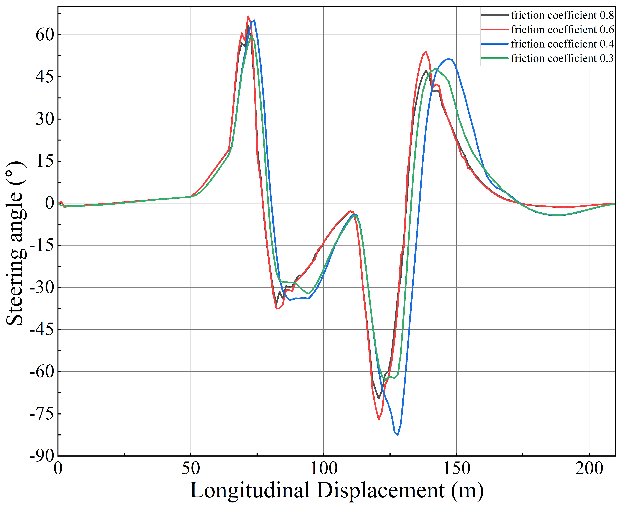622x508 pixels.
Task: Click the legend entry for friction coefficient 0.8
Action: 562,15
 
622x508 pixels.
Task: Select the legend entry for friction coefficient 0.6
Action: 562,30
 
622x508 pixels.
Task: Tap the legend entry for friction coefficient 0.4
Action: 562,44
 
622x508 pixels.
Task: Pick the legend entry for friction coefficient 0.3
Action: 562,58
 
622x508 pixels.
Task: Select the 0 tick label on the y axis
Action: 50,203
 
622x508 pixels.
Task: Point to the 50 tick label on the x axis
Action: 191,469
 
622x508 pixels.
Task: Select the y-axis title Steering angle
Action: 15,243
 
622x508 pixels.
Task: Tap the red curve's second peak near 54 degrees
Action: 426,51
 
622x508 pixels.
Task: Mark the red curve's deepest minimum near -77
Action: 379,419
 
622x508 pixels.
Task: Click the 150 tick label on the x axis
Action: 456,469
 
